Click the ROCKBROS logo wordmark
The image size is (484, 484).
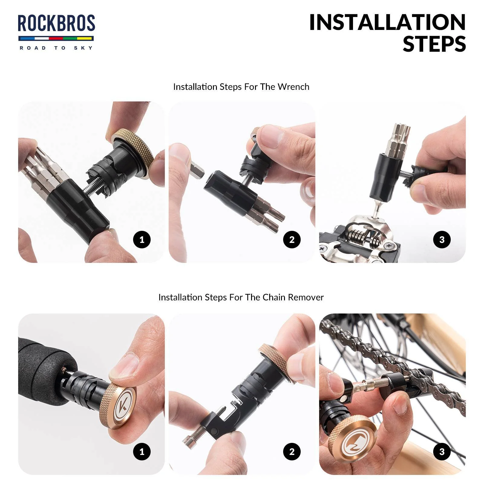[56, 24]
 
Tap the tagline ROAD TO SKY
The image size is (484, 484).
[56, 48]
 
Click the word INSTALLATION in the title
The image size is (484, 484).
[387, 23]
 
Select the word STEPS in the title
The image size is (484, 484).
[434, 44]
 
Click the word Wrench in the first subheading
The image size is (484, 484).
[293, 87]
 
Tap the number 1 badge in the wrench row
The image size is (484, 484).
[142, 240]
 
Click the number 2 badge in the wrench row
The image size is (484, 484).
[292, 240]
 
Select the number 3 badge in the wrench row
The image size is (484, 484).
[442, 240]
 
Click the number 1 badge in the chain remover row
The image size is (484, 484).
[142, 452]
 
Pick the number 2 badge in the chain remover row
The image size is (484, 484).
[292, 452]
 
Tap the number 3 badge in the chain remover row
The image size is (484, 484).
[442, 452]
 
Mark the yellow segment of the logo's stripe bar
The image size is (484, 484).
[84, 38]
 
